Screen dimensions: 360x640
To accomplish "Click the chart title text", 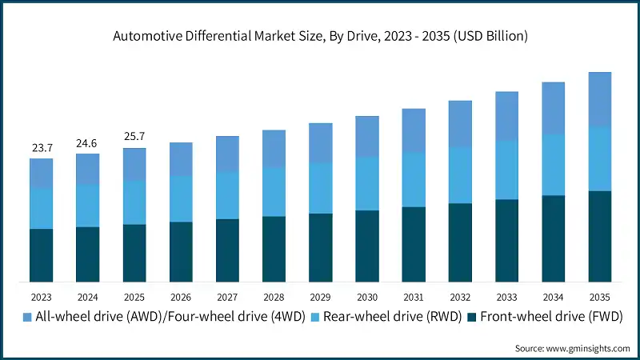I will [320, 36].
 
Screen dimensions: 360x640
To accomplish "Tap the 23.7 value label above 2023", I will [42, 148].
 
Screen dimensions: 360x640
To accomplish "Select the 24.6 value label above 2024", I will [88, 143].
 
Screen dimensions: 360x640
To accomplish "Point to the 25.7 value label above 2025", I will [134, 138].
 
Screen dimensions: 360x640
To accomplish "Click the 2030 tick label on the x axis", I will [367, 296].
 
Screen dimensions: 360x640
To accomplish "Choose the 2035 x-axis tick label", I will [600, 296].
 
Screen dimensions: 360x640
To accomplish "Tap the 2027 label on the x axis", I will [227, 296].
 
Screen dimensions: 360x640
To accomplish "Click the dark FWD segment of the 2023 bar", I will [42, 255].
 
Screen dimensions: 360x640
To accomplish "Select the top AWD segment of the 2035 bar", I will [600, 99].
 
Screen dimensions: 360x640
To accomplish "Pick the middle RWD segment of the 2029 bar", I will [321, 188].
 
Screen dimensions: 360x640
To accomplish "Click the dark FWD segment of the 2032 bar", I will [460, 242].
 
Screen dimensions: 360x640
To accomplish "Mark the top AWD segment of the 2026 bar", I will [181, 159].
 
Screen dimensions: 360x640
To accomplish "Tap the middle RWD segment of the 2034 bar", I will [554, 165].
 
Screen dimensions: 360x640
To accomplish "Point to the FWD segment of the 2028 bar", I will [274, 249].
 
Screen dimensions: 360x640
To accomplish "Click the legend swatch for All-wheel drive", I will [28, 317].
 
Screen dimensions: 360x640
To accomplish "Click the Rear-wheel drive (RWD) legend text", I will [394, 317].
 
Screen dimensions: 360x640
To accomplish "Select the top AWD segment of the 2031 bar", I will [414, 130].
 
